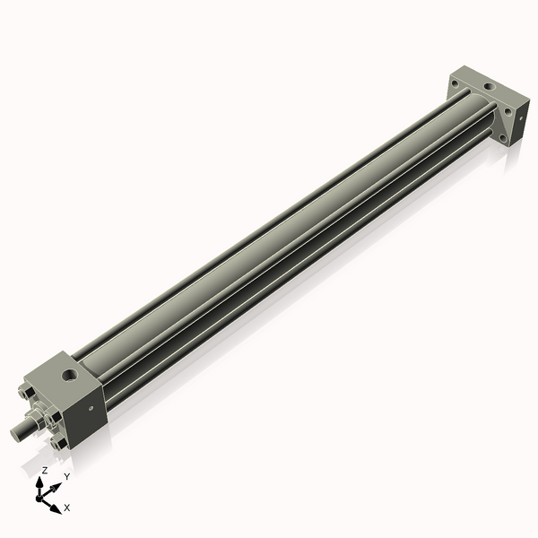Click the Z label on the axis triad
[44, 470]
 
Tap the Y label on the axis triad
[66, 476]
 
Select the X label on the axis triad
[67, 508]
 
